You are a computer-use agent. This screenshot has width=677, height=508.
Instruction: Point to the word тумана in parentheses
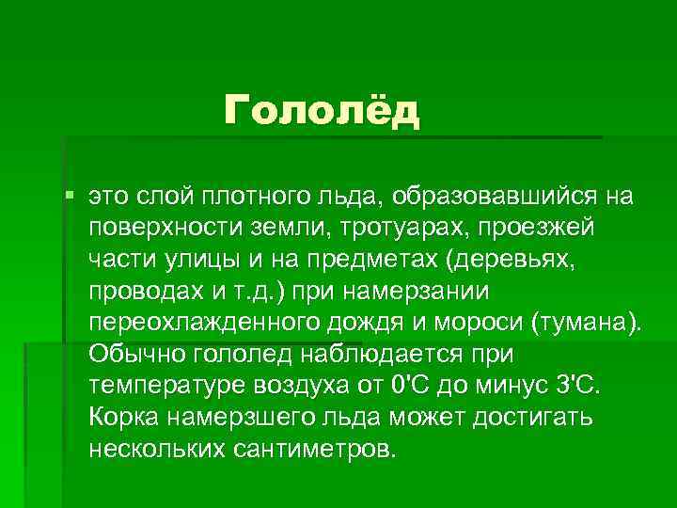[x=586, y=324]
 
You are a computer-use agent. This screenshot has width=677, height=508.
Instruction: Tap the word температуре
[x=163, y=387]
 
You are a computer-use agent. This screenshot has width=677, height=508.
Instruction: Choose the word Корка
[x=123, y=418]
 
